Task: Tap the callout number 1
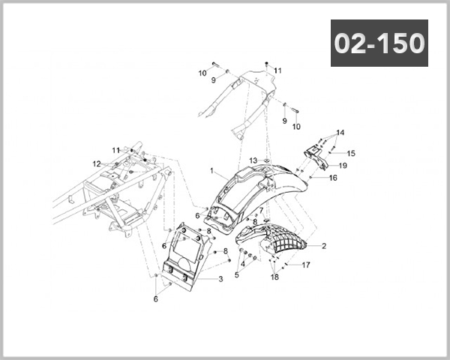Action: click(x=212, y=170)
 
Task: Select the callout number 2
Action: click(x=323, y=245)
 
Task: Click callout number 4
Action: click(x=235, y=274)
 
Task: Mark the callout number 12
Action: click(x=97, y=163)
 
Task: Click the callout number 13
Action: click(x=253, y=160)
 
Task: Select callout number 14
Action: click(x=340, y=133)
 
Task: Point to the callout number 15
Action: click(x=351, y=153)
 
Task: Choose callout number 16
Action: click(x=333, y=178)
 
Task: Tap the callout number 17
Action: click(x=306, y=265)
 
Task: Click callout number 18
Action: click(x=274, y=277)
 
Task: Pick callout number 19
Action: click(x=342, y=165)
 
